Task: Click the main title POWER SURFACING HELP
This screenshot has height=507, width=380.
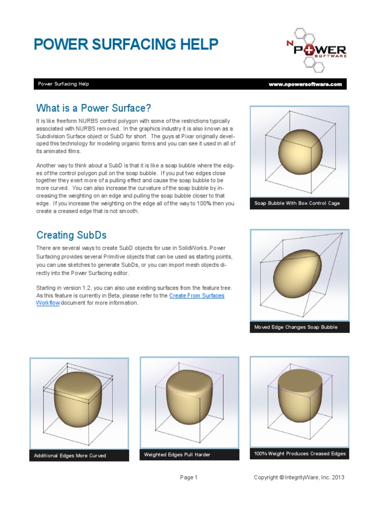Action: tap(126, 45)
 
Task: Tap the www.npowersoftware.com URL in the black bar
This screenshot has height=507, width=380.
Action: tap(305, 84)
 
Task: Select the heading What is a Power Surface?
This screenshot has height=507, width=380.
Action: tap(93, 108)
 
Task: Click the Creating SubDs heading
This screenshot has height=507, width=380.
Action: tap(71, 235)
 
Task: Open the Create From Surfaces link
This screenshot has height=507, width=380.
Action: tap(196, 296)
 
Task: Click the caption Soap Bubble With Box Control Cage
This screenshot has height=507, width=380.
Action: tap(297, 203)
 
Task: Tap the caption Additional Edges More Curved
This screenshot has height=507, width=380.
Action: tap(70, 456)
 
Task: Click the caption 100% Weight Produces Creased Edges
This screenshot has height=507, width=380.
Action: tap(300, 454)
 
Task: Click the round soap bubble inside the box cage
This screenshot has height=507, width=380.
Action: tap(300, 153)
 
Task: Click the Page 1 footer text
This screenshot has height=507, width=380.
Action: tap(189, 478)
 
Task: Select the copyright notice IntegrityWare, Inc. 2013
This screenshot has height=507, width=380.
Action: tap(299, 478)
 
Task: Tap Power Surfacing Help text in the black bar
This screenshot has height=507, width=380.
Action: tap(63, 84)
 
